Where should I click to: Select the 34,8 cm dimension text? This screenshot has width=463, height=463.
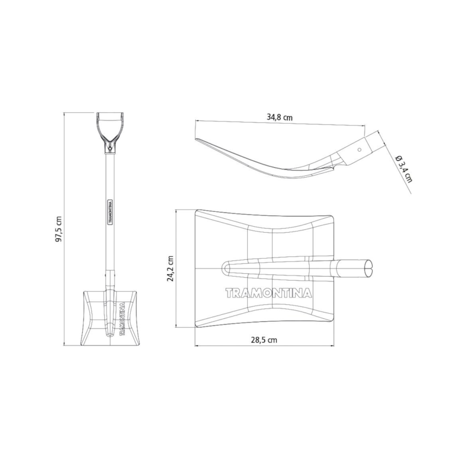[x=280, y=117]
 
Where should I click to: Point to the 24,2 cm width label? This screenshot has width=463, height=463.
[x=170, y=269]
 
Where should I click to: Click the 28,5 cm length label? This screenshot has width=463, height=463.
[x=264, y=340]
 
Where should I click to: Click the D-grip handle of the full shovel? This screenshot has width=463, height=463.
[x=110, y=132]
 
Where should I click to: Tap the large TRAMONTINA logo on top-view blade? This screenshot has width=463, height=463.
[x=269, y=293]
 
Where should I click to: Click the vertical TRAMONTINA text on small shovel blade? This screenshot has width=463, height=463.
[x=122, y=318]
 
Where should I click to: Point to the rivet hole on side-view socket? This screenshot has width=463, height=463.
[x=359, y=150]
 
